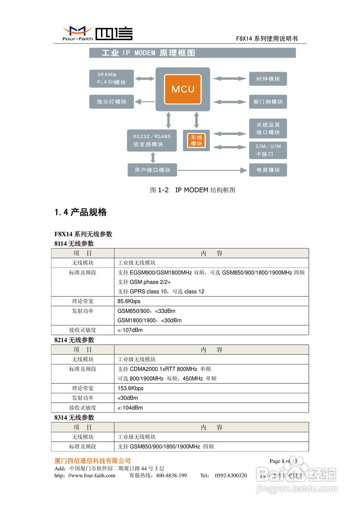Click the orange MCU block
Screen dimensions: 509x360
click(183, 89)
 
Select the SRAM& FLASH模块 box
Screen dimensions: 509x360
click(111, 78)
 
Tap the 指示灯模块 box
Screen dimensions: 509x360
click(111, 102)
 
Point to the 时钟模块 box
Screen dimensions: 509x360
click(268, 79)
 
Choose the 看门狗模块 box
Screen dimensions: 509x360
click(268, 102)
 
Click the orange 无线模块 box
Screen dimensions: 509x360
click(196, 140)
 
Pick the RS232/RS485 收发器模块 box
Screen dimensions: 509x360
click(152, 140)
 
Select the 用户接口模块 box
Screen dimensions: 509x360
click(152, 170)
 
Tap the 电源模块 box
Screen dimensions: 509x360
click(268, 170)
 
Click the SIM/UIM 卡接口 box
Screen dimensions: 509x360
click(268, 150)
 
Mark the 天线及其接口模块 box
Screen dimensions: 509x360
click(268, 128)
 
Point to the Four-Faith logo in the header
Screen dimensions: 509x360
click(97, 33)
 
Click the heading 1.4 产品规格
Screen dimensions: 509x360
click(80, 212)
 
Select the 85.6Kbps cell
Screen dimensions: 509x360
click(129, 301)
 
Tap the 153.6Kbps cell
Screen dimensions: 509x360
click(130, 388)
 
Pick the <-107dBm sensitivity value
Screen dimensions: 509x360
click(130, 330)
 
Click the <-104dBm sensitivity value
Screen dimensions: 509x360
click(130, 408)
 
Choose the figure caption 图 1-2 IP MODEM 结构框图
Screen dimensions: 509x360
click(193, 190)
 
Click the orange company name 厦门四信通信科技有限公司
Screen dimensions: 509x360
click(92, 461)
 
